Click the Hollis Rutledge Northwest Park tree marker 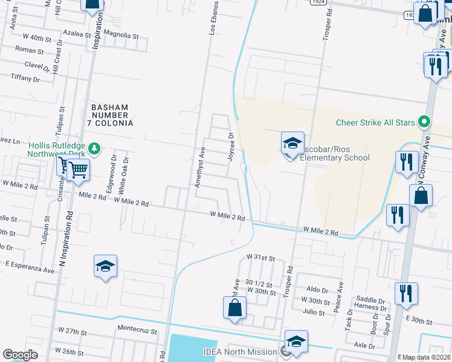tap(94, 148)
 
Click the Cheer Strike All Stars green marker tap(424, 122)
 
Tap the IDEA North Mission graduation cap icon tap(296, 341)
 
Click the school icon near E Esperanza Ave tap(105, 266)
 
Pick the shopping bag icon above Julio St tap(234, 308)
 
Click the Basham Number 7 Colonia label tap(112, 115)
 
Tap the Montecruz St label tap(137, 331)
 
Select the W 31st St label tap(260, 258)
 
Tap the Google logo tap(20, 355)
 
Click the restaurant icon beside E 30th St tap(406, 294)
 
